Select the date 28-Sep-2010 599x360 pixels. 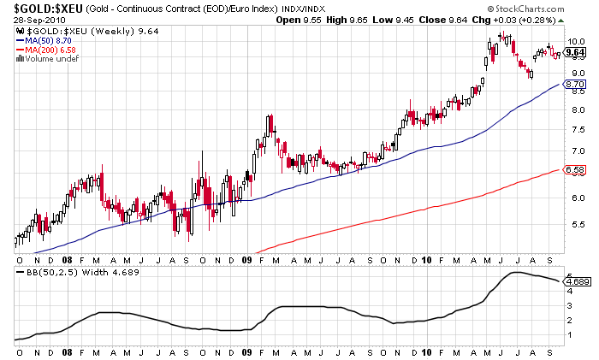coord(33,21)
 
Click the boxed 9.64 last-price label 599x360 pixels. coord(574,52)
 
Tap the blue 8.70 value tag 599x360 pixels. coord(575,84)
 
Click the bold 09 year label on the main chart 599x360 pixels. coord(246,258)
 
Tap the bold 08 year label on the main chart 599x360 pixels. coord(66,258)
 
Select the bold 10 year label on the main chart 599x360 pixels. coord(425,258)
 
